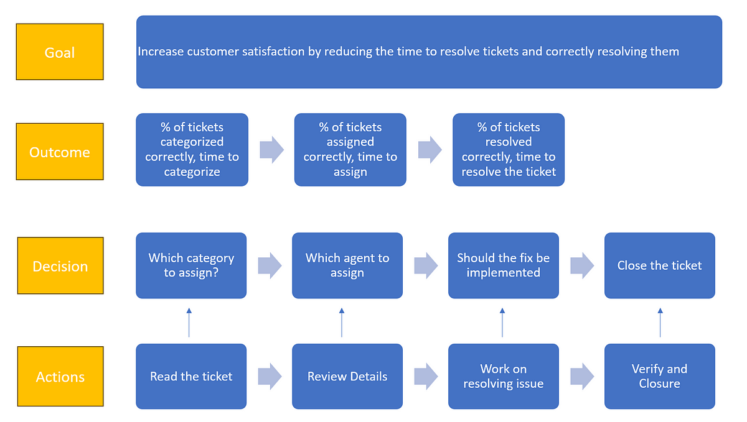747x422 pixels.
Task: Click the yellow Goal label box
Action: [60, 52]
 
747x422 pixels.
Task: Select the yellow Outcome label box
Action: [60, 152]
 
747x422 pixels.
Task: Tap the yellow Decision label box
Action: [60, 265]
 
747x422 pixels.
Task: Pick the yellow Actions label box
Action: [60, 377]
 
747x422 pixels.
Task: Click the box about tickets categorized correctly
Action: [192, 149]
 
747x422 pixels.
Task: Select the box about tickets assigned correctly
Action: [350, 149]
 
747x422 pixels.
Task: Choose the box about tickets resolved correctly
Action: [508, 149]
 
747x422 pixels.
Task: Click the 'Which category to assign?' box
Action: [191, 265]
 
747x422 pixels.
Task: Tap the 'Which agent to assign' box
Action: [347, 265]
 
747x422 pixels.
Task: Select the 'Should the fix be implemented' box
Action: [503, 265]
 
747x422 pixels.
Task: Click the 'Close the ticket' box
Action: [659, 265]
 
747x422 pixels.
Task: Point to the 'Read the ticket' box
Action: [191, 377]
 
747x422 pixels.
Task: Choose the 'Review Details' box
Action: [347, 377]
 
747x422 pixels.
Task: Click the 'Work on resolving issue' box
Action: [503, 377]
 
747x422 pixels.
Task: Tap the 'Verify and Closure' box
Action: [659, 377]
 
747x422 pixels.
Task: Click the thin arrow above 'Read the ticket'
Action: [189, 321]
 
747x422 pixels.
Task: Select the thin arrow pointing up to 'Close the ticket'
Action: [660, 321]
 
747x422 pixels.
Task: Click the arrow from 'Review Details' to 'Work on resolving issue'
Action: [426, 377]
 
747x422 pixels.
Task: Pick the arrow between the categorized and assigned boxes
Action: [271, 150]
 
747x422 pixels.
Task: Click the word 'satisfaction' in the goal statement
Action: [271, 52]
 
